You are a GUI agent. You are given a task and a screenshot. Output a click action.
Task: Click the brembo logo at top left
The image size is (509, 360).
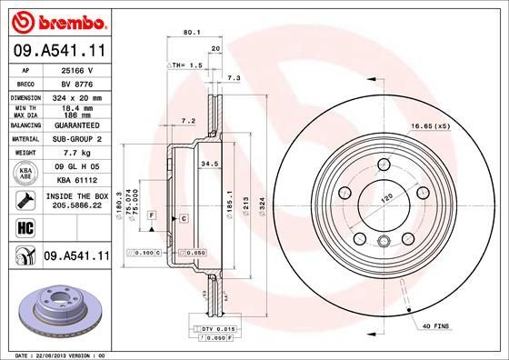56,20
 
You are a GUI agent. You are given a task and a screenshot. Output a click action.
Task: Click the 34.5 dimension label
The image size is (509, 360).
209,164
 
